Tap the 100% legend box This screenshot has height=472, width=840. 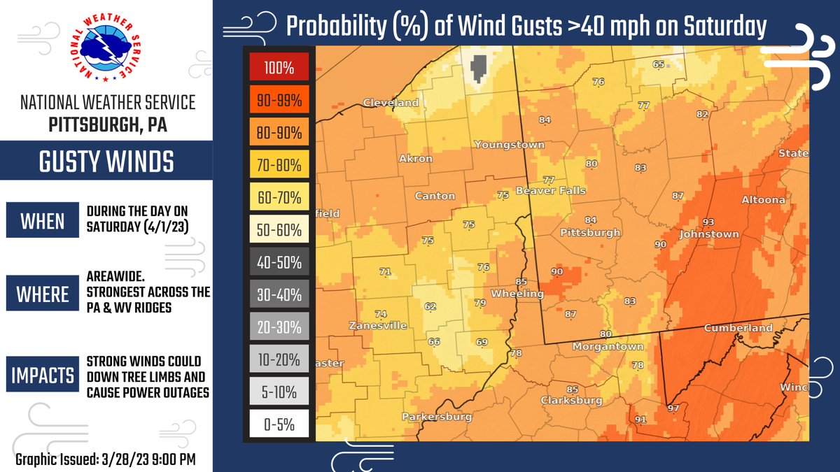pos(279,69)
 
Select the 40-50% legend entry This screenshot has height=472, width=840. pos(279,263)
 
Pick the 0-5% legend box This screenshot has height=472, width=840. pos(279,424)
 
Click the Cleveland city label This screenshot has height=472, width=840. pos(391,103)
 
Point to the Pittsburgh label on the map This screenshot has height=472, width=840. pos(590,232)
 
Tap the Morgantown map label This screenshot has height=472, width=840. pos(608,347)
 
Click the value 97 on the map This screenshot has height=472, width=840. pos(674,408)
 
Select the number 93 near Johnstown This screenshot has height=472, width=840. pos(708,222)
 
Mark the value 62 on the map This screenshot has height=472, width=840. pos(430,306)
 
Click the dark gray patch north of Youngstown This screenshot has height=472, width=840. pos(479,69)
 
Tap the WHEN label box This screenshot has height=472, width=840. pos(42,221)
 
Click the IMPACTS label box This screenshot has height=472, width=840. pos(43,376)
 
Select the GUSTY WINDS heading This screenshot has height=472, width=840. pos(106,162)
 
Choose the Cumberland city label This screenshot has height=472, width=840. pos(738,327)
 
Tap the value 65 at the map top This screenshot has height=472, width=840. pos(658,64)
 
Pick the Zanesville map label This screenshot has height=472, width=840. pos(378,326)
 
